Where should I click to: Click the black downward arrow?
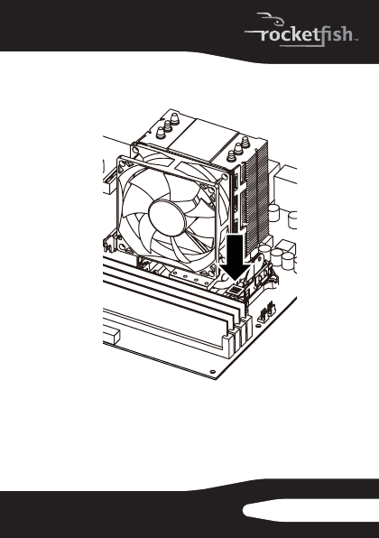pos(236,257)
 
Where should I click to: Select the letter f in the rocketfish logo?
pos(323,35)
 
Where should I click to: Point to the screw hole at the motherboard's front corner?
pos(213,372)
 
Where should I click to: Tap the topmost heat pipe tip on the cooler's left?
pos(175,118)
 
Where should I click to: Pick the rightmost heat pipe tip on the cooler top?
pos(245,142)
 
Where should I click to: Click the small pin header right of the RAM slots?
pos(266,312)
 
